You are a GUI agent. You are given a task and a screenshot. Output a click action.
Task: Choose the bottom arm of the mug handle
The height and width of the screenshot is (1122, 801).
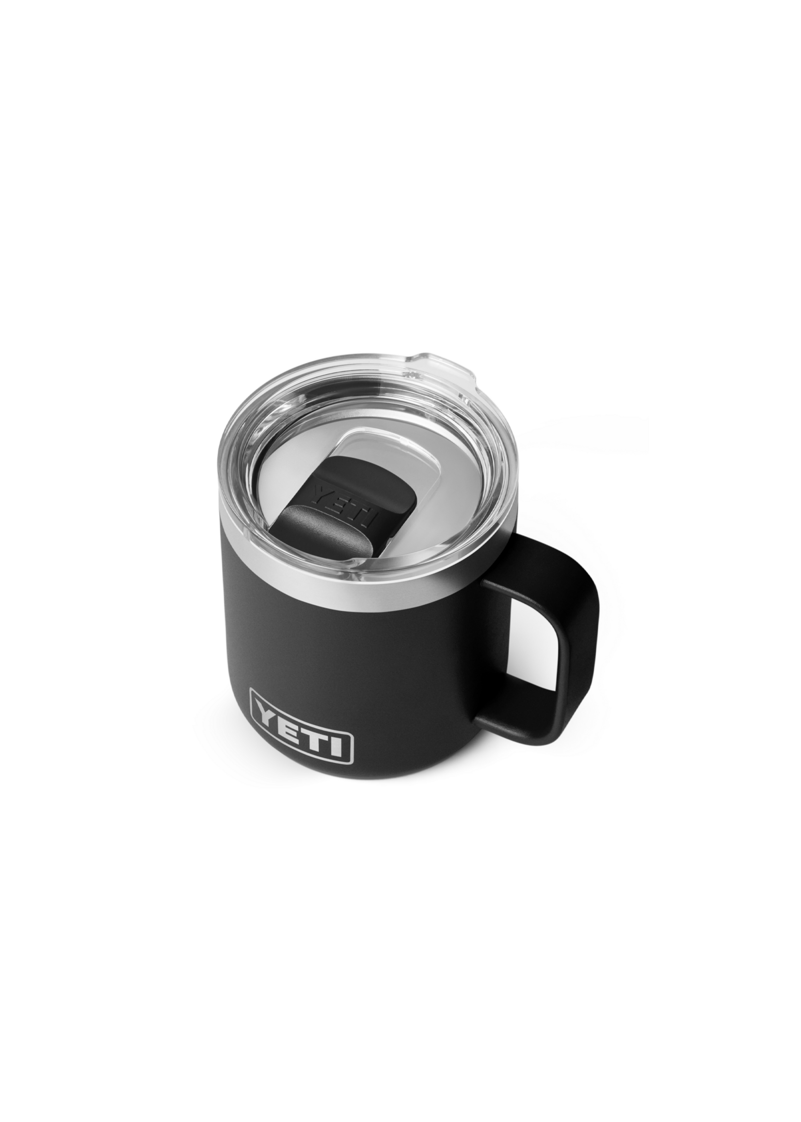tap(513, 700)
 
